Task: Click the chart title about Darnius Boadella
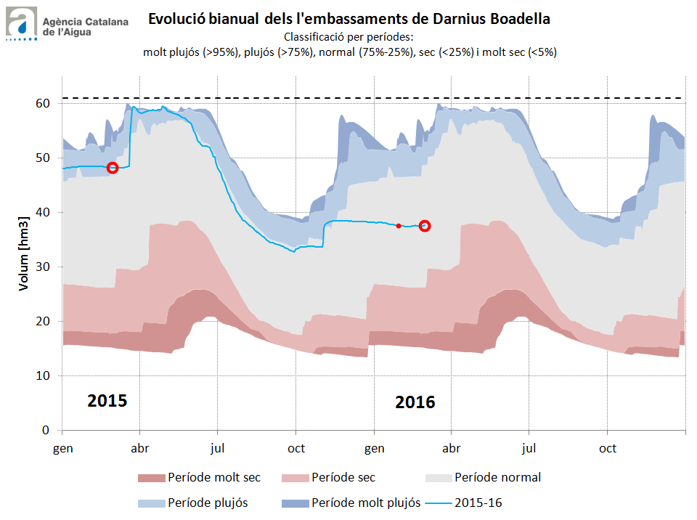[349, 19]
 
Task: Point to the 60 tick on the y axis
[44, 104]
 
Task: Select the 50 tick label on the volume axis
[44, 158]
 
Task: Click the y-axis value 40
[44, 213]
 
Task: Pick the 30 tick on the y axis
[44, 267]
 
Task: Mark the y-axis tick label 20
[44, 322]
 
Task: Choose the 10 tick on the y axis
[44, 376]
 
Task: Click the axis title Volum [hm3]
[24, 253]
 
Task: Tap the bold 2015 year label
[107, 401]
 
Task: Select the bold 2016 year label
[415, 402]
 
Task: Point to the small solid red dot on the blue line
[399, 226]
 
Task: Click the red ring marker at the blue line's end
[425, 226]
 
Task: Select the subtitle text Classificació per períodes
[349, 37]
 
